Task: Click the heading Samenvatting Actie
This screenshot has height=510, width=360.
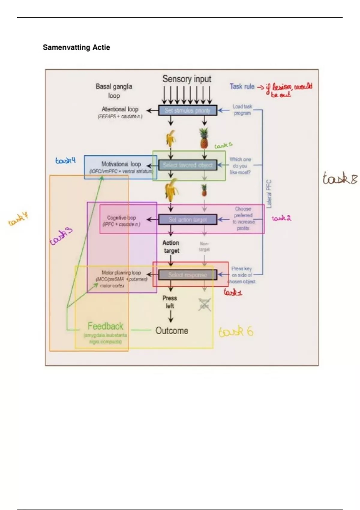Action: [x=76, y=47]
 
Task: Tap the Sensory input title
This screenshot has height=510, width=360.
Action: [x=187, y=79]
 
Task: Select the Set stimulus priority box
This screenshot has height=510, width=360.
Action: [x=187, y=110]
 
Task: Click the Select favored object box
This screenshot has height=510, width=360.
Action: [x=187, y=165]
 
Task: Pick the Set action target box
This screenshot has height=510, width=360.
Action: [x=187, y=220]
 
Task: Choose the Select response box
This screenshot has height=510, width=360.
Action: [x=187, y=275]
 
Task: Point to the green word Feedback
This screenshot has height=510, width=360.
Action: [x=105, y=326]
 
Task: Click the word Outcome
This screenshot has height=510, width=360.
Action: [x=172, y=331]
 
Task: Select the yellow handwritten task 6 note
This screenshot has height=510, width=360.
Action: [x=236, y=331]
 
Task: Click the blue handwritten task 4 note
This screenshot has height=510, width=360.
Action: [x=65, y=160]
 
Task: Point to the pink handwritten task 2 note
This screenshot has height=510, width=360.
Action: [x=281, y=218]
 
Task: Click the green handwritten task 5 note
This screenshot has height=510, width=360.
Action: [x=223, y=145]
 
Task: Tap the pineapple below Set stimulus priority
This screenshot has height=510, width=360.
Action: [x=204, y=138]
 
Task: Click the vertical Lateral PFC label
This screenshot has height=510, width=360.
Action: [x=269, y=194]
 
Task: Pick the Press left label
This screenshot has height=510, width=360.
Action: [x=170, y=302]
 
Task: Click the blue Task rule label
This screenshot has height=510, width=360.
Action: [x=242, y=86]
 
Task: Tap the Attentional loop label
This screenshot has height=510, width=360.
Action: [x=120, y=109]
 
